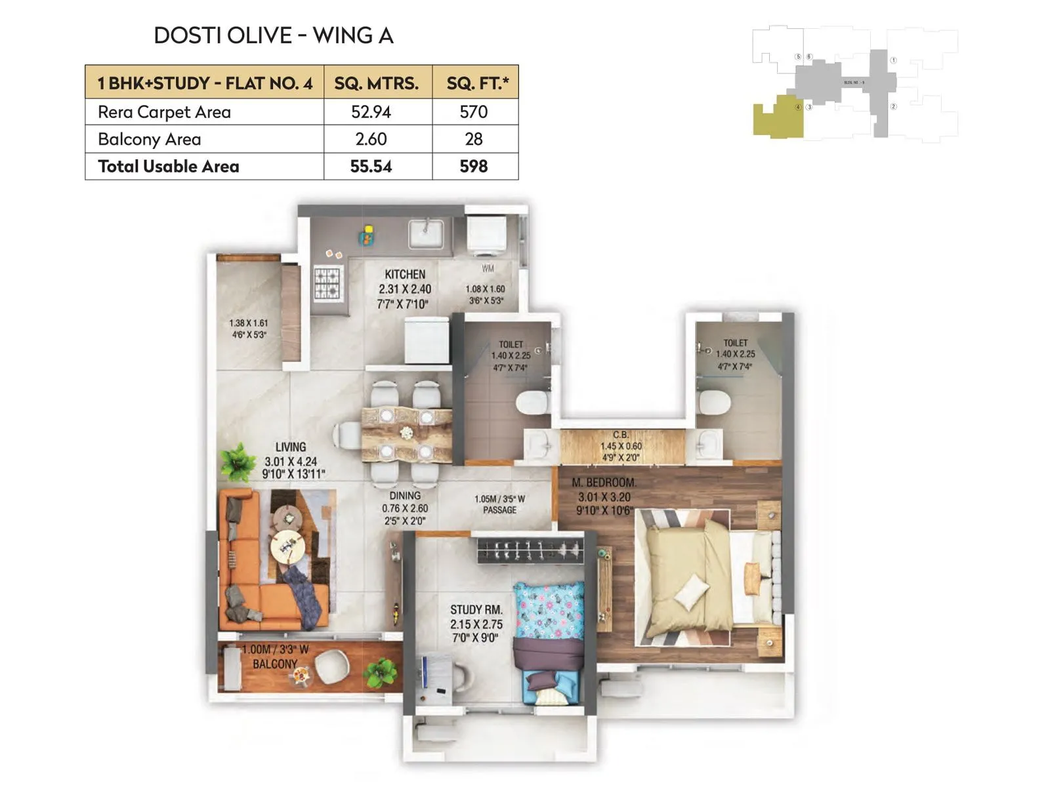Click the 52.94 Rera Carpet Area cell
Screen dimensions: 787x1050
(371, 112)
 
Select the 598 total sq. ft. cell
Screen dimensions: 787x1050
(473, 167)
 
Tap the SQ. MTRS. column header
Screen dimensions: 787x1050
(376, 83)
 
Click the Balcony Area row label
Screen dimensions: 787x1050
(150, 139)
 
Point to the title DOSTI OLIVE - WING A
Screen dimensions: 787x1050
(273, 35)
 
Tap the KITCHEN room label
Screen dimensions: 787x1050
(405, 275)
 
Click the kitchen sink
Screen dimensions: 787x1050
(426, 233)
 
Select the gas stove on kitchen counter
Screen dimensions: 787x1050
(327, 283)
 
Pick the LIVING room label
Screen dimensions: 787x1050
(291, 447)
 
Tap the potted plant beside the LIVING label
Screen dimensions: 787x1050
(238, 461)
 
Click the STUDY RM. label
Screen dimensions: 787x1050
(476, 610)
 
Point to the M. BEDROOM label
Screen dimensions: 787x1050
(603, 483)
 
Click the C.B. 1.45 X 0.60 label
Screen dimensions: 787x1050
(621, 446)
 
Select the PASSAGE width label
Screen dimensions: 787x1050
(499, 504)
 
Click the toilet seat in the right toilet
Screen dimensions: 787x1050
(713, 402)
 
